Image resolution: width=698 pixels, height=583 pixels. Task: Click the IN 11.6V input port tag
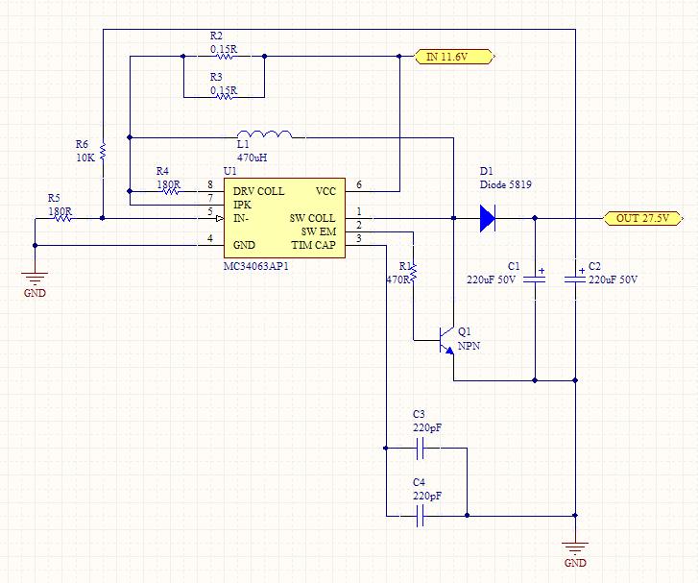click(454, 57)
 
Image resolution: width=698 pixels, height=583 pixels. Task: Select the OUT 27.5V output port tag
click(643, 218)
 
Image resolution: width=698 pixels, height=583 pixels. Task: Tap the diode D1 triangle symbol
click(488, 218)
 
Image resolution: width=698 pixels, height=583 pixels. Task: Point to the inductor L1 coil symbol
click(265, 134)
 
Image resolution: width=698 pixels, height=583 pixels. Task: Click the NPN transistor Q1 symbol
click(446, 340)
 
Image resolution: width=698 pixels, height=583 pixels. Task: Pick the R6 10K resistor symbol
click(103, 152)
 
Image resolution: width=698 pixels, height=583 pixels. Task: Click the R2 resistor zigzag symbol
click(224, 56)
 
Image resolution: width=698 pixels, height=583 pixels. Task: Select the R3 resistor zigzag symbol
click(224, 97)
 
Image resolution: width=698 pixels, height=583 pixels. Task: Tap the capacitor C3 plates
click(420, 448)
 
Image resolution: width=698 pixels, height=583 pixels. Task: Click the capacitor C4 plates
click(420, 516)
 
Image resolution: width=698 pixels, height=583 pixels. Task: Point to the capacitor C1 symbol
click(535, 279)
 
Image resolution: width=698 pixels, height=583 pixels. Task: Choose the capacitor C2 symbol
click(575, 279)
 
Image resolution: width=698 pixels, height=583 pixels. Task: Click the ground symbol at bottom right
click(575, 548)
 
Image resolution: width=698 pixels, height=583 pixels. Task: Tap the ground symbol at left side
click(35, 279)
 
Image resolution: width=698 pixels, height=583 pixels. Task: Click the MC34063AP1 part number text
click(256, 266)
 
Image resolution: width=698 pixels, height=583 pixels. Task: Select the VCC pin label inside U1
click(325, 191)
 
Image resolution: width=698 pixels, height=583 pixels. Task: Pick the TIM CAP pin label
click(314, 245)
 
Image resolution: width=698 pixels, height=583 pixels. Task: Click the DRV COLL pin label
click(258, 191)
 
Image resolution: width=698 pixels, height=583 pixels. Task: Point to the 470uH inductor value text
click(252, 158)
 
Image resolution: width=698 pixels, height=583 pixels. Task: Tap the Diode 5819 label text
click(506, 184)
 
